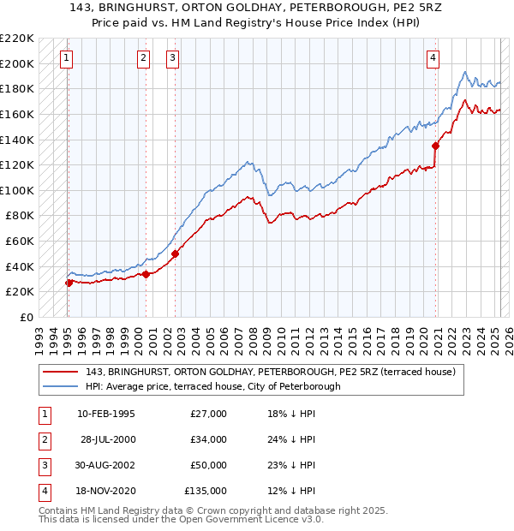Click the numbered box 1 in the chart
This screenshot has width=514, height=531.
click(67, 58)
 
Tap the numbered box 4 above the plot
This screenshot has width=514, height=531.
click(434, 58)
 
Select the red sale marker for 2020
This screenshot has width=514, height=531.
click(436, 146)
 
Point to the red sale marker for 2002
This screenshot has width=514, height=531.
click(175, 254)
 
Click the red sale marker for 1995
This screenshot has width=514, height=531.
click(69, 283)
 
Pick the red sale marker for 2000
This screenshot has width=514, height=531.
click(146, 274)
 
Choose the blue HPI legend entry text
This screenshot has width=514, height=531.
click(212, 386)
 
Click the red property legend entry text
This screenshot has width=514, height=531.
click(274, 372)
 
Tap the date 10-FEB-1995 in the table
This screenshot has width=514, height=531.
click(105, 414)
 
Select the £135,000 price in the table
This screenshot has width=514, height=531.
click(206, 491)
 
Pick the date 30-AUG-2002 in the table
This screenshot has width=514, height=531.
click(105, 465)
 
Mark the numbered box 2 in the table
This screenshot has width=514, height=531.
click(43, 439)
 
